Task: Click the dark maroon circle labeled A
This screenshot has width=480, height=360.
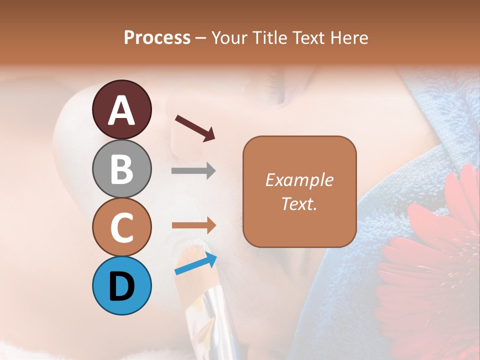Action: click(x=121, y=109)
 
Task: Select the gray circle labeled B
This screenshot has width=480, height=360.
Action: click(x=121, y=168)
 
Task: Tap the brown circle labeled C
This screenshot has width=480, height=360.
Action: click(x=121, y=227)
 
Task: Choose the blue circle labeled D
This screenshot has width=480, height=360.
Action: click(x=121, y=285)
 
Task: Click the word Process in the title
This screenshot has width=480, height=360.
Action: click(x=157, y=37)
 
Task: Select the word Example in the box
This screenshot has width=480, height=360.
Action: click(x=299, y=180)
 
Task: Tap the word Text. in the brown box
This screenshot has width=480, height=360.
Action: click(x=299, y=203)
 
